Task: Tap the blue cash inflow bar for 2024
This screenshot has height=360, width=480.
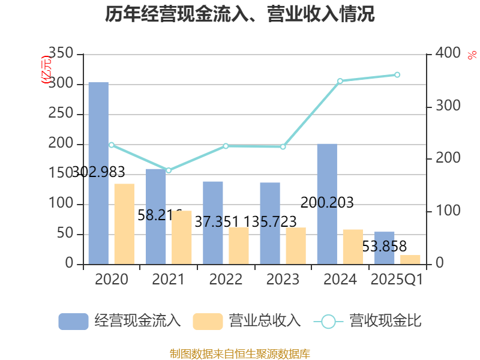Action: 327,203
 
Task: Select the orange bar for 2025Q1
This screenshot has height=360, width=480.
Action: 410,259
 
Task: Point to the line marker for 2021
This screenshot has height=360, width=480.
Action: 169,170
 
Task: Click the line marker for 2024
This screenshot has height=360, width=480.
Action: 340,81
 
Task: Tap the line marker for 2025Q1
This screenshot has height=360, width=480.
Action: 397,75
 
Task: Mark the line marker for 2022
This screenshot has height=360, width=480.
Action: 226,146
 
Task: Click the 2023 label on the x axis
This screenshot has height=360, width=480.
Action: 283,280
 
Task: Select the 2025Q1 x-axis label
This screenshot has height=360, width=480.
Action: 397,280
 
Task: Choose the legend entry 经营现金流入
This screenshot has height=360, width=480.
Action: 120,321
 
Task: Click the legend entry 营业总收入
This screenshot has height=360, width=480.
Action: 247,321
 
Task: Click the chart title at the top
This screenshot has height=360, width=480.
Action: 240,15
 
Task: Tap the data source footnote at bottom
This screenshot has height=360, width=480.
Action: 240,353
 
